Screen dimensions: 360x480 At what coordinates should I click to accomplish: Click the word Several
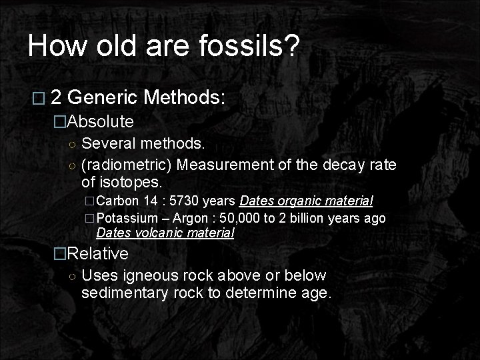pyautogui.click(x=107, y=143)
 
